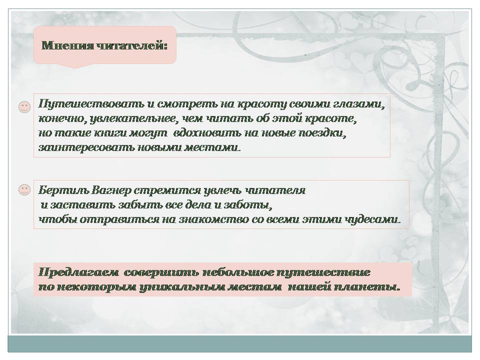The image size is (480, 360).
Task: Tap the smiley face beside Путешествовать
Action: pos(24,107)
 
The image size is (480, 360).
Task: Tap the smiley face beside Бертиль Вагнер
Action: pos(24,190)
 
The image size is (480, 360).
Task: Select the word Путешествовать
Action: pos(91,104)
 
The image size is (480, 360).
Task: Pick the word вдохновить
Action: pos(209,133)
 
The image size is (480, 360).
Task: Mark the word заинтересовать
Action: pos(86,147)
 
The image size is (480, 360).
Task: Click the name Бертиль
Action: pos(63,190)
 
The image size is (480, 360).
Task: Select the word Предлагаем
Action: pos(78,272)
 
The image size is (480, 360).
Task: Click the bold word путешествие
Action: pos(323,272)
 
